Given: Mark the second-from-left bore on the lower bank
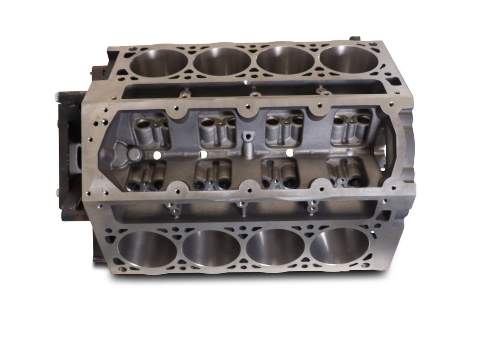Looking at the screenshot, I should (212, 248).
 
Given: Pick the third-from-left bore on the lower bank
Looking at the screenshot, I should (276, 248).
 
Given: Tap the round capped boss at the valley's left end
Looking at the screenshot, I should (135, 154).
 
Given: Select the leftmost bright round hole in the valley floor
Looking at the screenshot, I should (156, 155).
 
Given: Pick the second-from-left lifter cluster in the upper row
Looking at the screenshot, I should (217, 130).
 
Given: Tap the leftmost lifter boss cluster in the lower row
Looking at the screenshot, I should (147, 176).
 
